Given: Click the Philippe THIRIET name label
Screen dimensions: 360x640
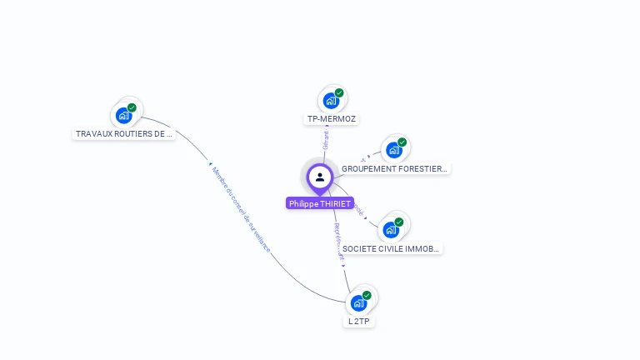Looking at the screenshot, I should coord(320,203).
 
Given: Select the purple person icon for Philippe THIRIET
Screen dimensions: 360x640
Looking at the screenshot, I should coord(320,177).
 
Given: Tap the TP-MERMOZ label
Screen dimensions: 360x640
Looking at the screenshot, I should coord(332,119).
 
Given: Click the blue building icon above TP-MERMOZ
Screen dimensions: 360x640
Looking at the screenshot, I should coord(331,102).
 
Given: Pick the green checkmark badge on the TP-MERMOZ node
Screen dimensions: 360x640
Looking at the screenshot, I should coord(339,93).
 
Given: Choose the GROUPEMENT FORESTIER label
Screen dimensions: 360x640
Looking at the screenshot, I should coord(394,169).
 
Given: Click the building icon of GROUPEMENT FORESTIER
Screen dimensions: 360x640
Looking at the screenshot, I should coord(393,151).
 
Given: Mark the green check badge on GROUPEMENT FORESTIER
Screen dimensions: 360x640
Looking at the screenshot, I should coord(402,142).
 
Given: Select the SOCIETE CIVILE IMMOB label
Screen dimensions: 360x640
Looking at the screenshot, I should coord(391,249).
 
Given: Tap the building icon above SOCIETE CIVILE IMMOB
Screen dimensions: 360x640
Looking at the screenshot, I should coord(391,231).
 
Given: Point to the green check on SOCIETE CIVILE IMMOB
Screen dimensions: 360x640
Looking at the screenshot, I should coord(399,222).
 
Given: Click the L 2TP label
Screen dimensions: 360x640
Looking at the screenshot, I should coord(358,322).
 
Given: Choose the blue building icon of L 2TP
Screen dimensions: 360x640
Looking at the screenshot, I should coord(358,303).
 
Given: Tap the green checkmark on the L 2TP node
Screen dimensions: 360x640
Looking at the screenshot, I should coord(367,295).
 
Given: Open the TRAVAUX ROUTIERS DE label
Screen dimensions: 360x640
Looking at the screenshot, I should coord(124,134).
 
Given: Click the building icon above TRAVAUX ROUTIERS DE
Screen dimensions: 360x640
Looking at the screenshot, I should coord(124,116).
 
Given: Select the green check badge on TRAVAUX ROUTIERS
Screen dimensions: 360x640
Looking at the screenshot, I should coord(132,107).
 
